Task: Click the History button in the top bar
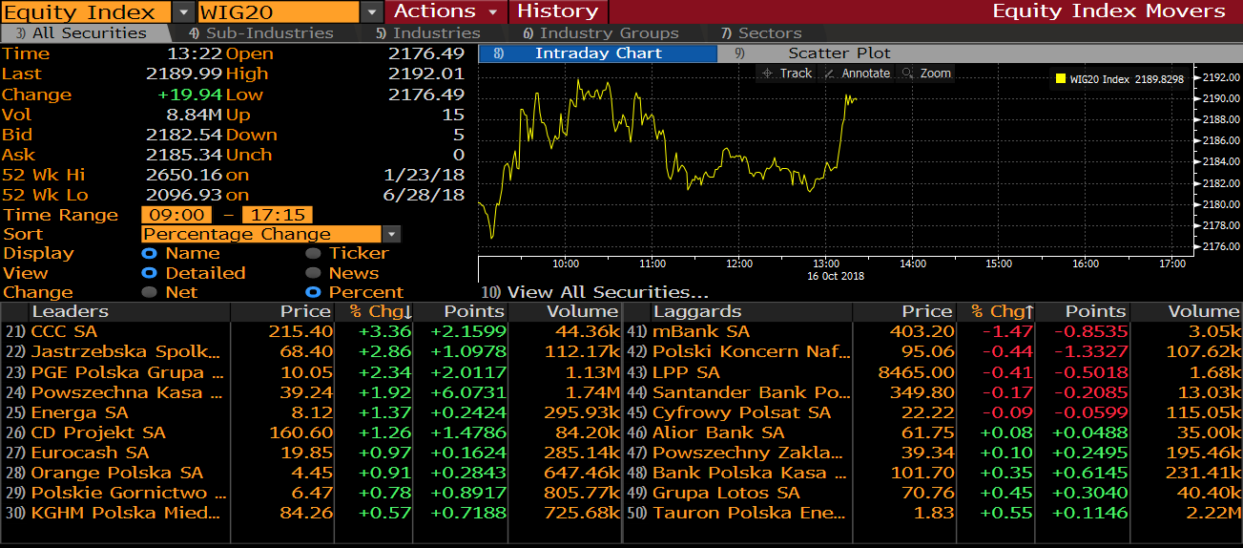point(557,11)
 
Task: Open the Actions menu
point(445,11)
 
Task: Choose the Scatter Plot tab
point(839,53)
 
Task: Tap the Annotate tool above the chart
point(857,74)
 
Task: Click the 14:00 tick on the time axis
point(913,263)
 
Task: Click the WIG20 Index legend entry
point(1120,79)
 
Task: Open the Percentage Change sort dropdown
point(271,234)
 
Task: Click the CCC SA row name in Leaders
point(64,331)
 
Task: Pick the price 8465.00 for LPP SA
point(915,372)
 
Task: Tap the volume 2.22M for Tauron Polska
point(1212,513)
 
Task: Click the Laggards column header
point(697,311)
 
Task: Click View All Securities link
point(607,292)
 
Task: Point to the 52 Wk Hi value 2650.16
point(184,175)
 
